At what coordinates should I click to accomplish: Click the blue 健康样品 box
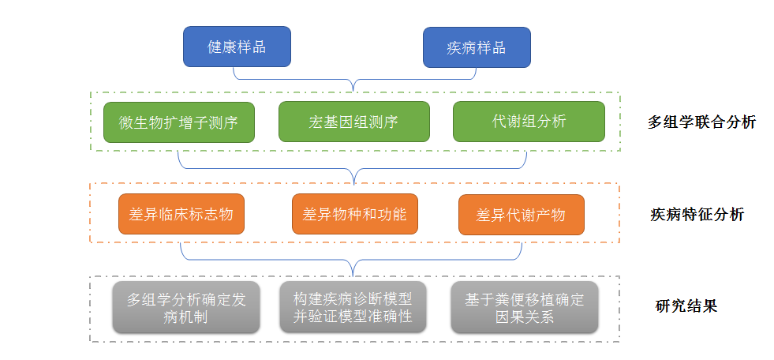click(x=237, y=47)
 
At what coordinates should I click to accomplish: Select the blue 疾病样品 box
click(x=477, y=47)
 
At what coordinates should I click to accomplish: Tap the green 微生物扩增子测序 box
click(x=178, y=122)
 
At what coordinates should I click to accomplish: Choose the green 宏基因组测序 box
click(x=353, y=122)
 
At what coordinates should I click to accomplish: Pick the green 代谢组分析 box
click(x=529, y=122)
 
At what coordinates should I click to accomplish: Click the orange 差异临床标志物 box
click(x=181, y=214)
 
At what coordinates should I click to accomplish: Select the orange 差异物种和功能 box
click(x=354, y=214)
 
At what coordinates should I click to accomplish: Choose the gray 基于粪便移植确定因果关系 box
click(x=524, y=307)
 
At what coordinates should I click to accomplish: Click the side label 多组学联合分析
click(x=701, y=122)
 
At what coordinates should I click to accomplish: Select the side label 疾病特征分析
click(x=697, y=215)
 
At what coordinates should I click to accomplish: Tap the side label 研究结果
click(x=686, y=306)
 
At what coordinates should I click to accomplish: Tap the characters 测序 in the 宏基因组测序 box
click(x=383, y=122)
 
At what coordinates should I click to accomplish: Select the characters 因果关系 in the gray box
click(x=524, y=317)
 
